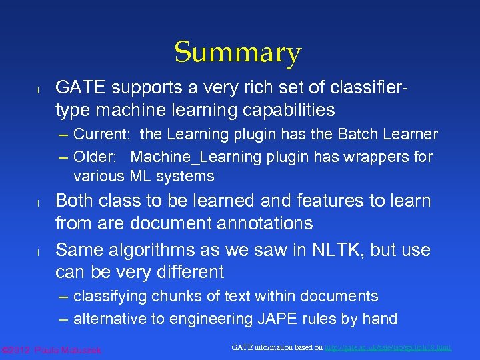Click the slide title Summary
(238, 53)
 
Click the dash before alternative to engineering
(63, 319)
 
